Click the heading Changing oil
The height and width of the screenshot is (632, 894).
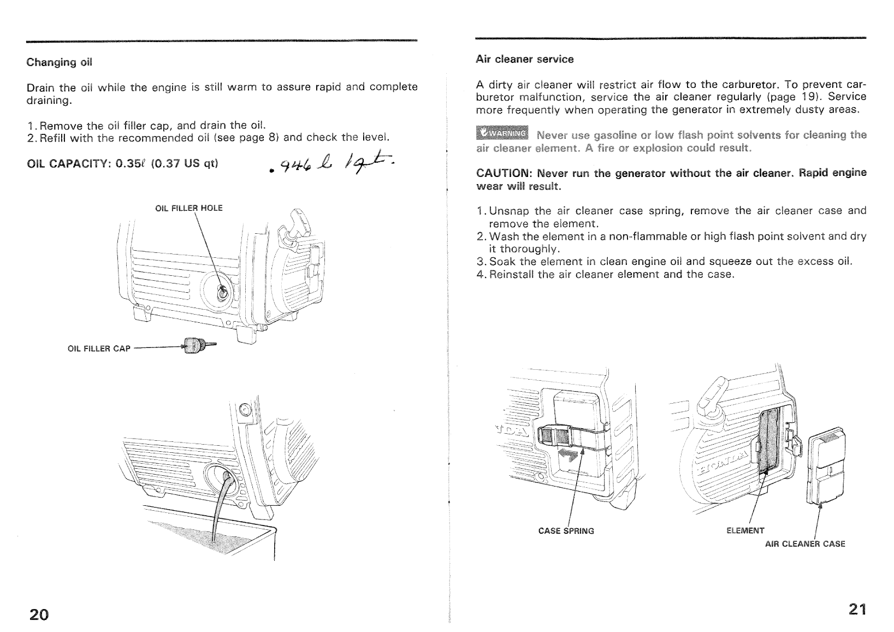coord(60,62)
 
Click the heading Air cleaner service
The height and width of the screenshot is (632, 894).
coord(524,59)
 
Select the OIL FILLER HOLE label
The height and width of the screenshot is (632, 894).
coord(189,208)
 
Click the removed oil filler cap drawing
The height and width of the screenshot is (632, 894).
coord(197,345)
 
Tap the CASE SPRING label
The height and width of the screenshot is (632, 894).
coord(566,530)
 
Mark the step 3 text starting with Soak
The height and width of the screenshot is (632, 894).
coord(664,262)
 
